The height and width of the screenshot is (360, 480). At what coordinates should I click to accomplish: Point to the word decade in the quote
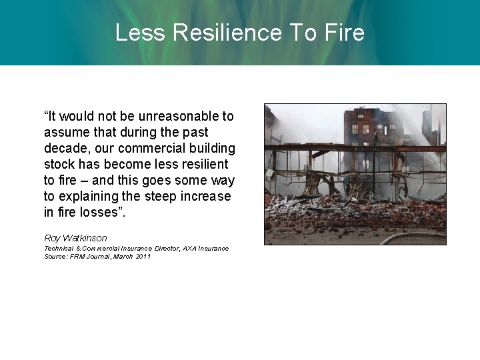click(65, 148)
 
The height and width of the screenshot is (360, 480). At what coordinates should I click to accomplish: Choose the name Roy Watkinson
click(75, 238)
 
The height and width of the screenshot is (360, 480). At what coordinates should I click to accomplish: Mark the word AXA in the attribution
click(199, 249)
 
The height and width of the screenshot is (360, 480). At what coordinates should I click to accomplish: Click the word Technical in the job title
click(59, 249)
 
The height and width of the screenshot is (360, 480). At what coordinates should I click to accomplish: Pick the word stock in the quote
click(58, 164)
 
